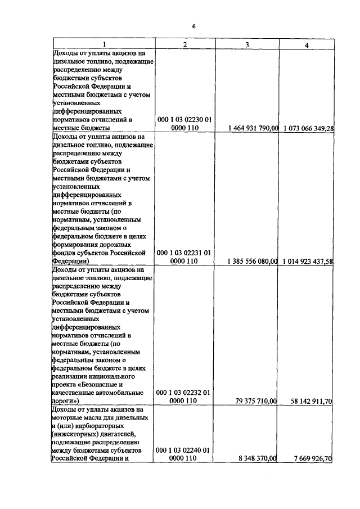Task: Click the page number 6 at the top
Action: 193,26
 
